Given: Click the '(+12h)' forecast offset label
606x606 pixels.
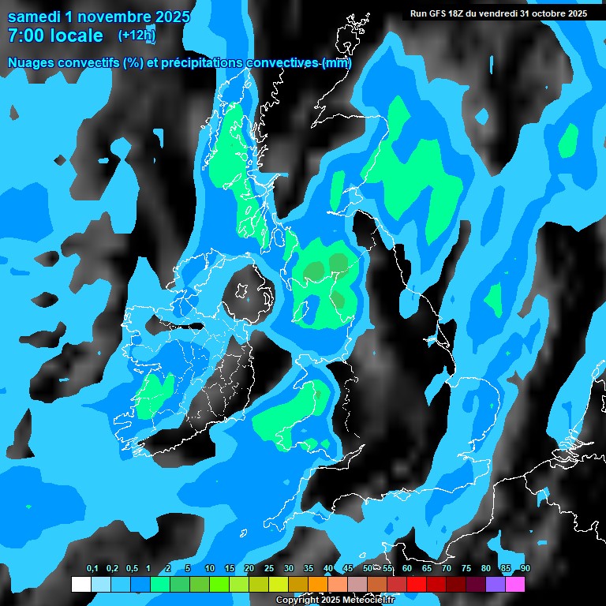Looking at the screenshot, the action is pyautogui.click(x=137, y=36).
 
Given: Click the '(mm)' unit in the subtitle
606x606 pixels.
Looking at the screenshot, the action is pyautogui.click(x=336, y=63).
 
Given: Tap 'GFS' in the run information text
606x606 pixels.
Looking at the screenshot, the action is pyautogui.click(x=440, y=13).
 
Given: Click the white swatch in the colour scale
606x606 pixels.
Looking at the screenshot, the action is pyautogui.click(x=80, y=585).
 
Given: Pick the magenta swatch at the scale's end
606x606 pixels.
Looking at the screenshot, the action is pyautogui.click(x=516, y=585).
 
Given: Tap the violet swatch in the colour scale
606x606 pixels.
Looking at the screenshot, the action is pyautogui.click(x=496, y=585).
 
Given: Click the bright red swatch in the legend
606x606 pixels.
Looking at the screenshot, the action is pyautogui.click(x=417, y=585).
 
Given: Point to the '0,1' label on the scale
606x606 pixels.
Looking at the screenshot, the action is pyautogui.click(x=92, y=569).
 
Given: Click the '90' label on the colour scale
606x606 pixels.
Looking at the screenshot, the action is pyautogui.click(x=525, y=569).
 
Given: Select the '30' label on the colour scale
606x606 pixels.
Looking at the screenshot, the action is pyautogui.click(x=289, y=569).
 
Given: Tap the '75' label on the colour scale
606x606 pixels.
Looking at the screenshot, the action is pyautogui.click(x=466, y=569).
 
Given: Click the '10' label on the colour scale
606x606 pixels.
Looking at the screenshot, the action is pyautogui.click(x=210, y=569).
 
